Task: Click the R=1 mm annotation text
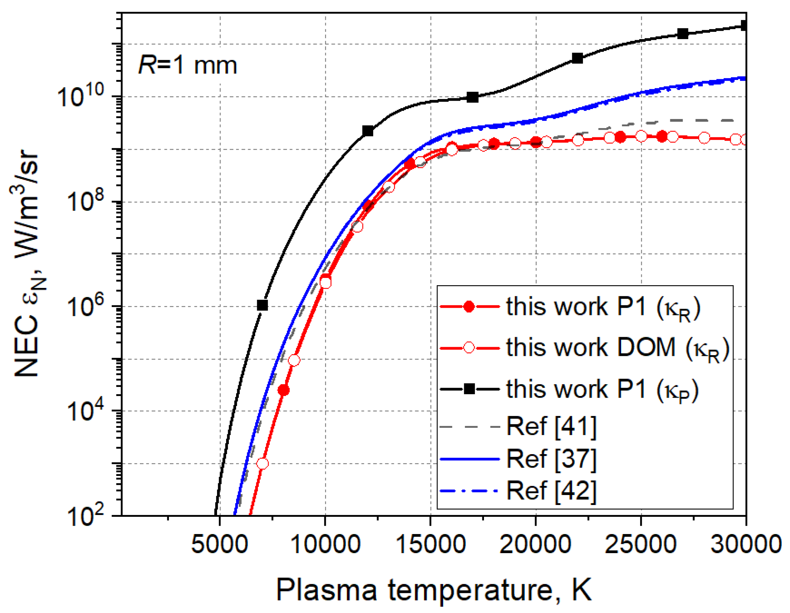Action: point(187,66)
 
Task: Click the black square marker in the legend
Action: point(469,389)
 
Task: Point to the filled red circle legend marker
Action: point(469,307)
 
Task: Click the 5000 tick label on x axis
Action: point(219,544)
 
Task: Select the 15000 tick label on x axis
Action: point(430,544)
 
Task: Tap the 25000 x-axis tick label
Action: point(640,544)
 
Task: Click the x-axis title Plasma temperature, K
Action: point(434,590)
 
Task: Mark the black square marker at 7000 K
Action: point(262,305)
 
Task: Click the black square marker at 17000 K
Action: point(473,97)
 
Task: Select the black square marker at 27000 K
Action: point(683,34)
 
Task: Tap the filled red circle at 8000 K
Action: point(284,390)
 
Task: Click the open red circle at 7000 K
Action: point(263,463)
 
